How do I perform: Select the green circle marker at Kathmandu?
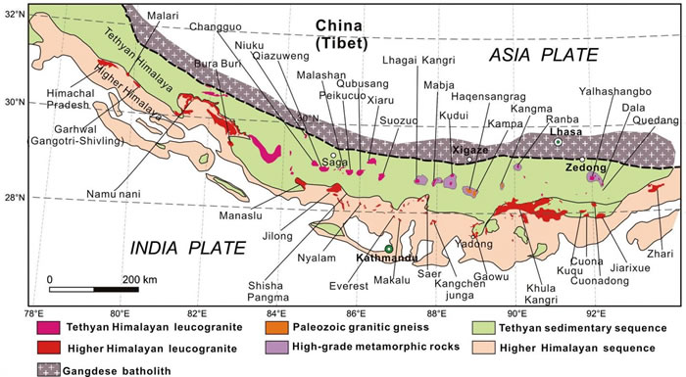click(x=389, y=249)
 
